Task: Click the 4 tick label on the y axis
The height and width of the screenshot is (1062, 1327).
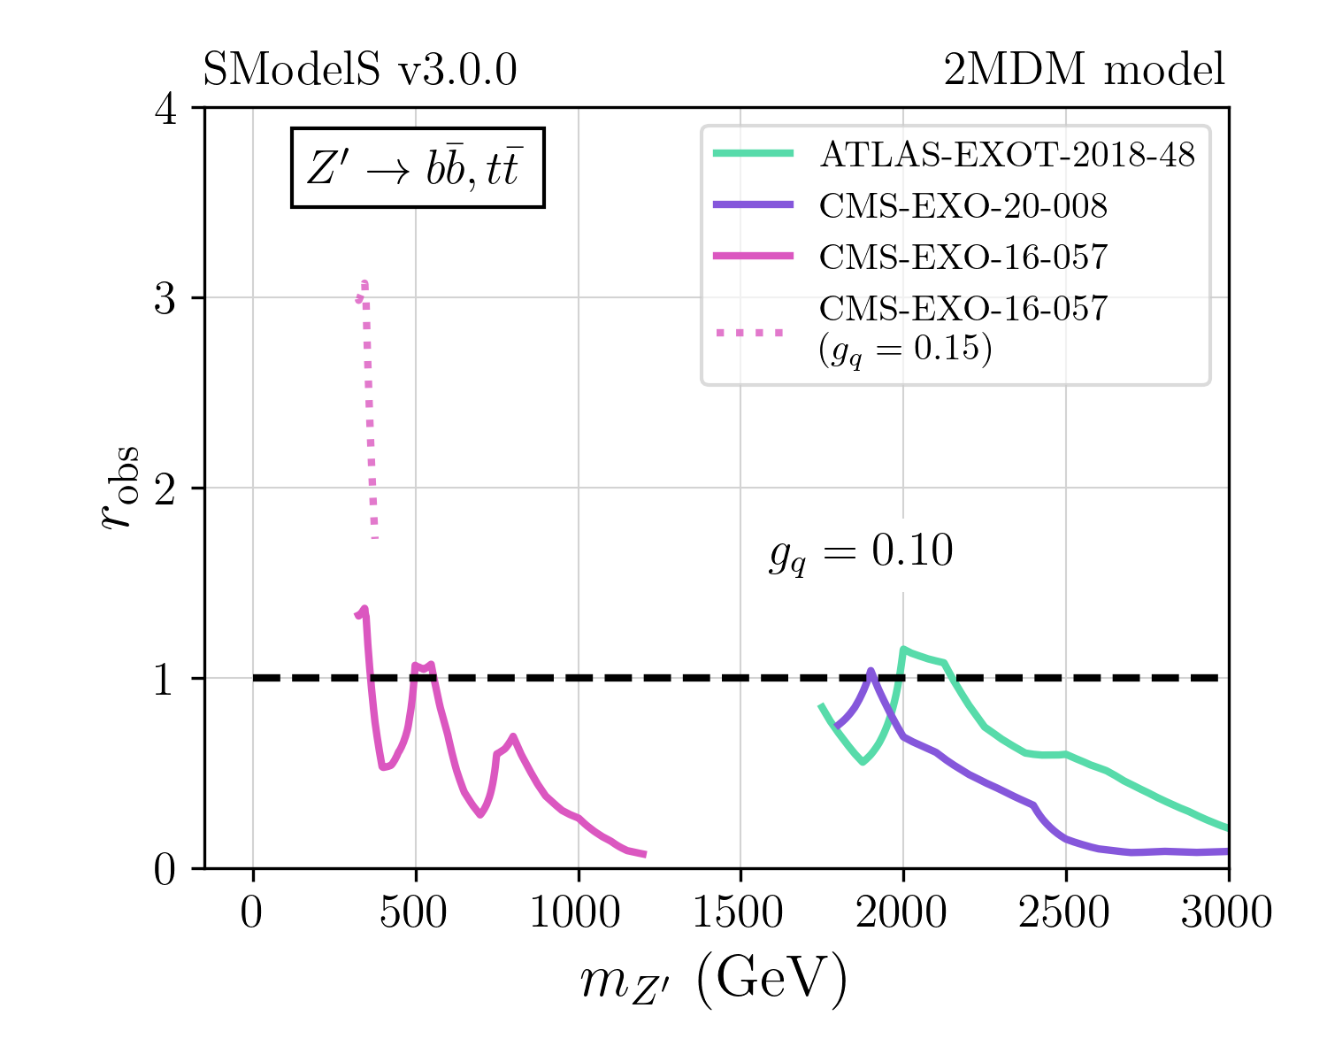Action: pyautogui.click(x=165, y=108)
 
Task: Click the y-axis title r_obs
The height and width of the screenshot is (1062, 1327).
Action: pyautogui.click(x=119, y=488)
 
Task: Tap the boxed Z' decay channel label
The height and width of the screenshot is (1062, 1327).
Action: pyautogui.click(x=418, y=168)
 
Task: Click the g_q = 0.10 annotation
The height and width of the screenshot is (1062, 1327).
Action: pyautogui.click(x=861, y=553)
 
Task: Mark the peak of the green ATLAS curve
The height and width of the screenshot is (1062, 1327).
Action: pyautogui.click(x=903, y=650)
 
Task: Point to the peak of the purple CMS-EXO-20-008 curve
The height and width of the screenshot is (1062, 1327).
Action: pyautogui.click(x=871, y=671)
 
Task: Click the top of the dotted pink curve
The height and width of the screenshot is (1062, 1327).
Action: pyautogui.click(x=364, y=283)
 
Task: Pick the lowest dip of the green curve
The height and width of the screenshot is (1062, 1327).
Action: pyautogui.click(x=863, y=761)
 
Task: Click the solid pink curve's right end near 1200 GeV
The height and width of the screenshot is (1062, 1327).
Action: pyautogui.click(x=645, y=854)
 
